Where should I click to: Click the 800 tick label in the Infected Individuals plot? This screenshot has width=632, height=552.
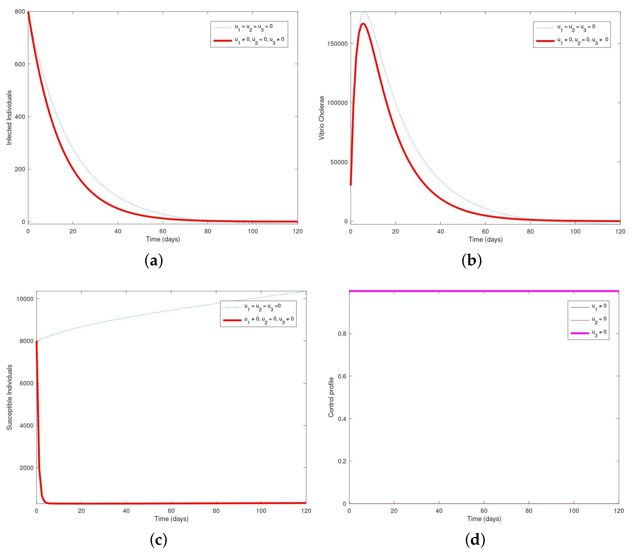click(x=20, y=12)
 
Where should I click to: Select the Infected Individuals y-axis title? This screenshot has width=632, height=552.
click(x=9, y=117)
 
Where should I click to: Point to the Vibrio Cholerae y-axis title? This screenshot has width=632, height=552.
click(x=321, y=118)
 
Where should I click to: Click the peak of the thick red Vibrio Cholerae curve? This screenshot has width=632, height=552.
click(x=364, y=24)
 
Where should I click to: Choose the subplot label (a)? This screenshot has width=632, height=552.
click(x=153, y=261)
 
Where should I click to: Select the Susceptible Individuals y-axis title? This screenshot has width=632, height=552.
click(x=9, y=397)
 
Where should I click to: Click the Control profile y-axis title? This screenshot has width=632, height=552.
click(x=331, y=397)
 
